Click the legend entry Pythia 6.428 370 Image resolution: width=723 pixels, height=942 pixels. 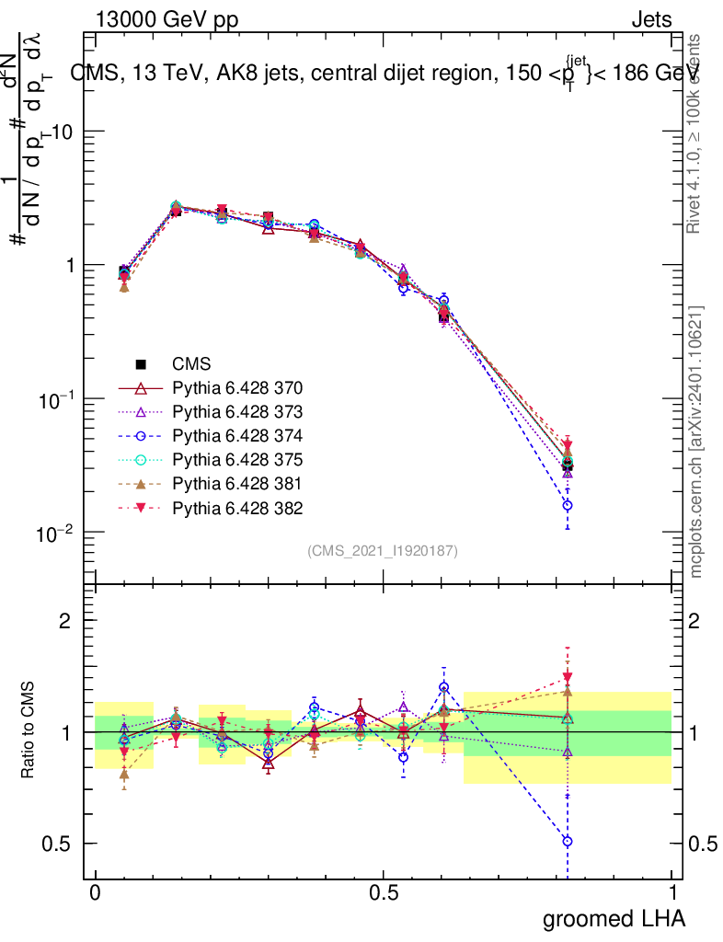coord(237,388)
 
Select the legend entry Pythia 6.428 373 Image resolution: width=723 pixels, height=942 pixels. coord(237,412)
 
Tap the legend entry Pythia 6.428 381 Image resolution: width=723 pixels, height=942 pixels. coord(237,484)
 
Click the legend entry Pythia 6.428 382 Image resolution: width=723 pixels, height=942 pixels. coord(237,508)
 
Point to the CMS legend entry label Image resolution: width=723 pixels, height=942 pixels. coord(191,364)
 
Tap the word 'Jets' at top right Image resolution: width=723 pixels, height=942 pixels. coord(650,19)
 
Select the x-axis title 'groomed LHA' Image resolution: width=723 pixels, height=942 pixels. coord(614,917)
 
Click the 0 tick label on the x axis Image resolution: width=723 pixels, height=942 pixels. coord(96,892)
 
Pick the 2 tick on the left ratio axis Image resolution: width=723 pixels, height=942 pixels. coord(65,621)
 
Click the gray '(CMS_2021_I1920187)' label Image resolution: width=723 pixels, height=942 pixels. coord(383,551)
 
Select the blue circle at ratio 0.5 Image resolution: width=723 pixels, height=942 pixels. coord(568,841)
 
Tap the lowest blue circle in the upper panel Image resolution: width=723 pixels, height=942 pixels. coord(568,505)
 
